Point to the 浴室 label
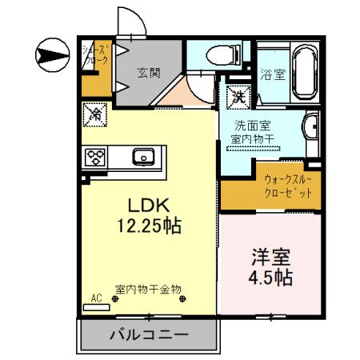click(273, 75)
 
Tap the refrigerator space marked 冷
click(94, 114)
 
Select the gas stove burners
click(95, 156)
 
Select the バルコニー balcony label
click(148, 334)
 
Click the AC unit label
click(97, 298)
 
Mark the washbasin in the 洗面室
click(311, 128)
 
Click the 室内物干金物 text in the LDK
click(148, 288)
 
